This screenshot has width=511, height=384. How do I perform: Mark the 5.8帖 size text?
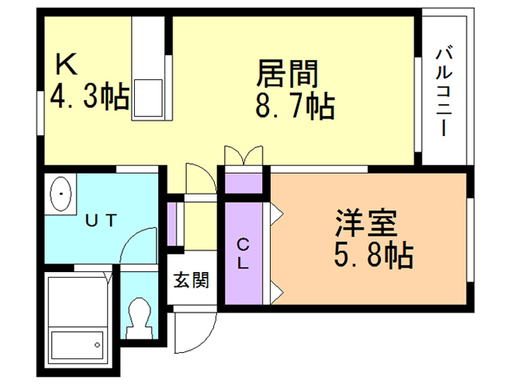pos(373,257)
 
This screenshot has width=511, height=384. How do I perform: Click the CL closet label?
pos(244,253)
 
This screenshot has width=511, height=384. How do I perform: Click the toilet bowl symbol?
pos(140,318)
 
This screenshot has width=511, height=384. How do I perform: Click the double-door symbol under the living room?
pos(243,156)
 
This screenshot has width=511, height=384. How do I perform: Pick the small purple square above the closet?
pos(244,182)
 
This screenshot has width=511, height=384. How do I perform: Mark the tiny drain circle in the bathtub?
pos(97,346)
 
